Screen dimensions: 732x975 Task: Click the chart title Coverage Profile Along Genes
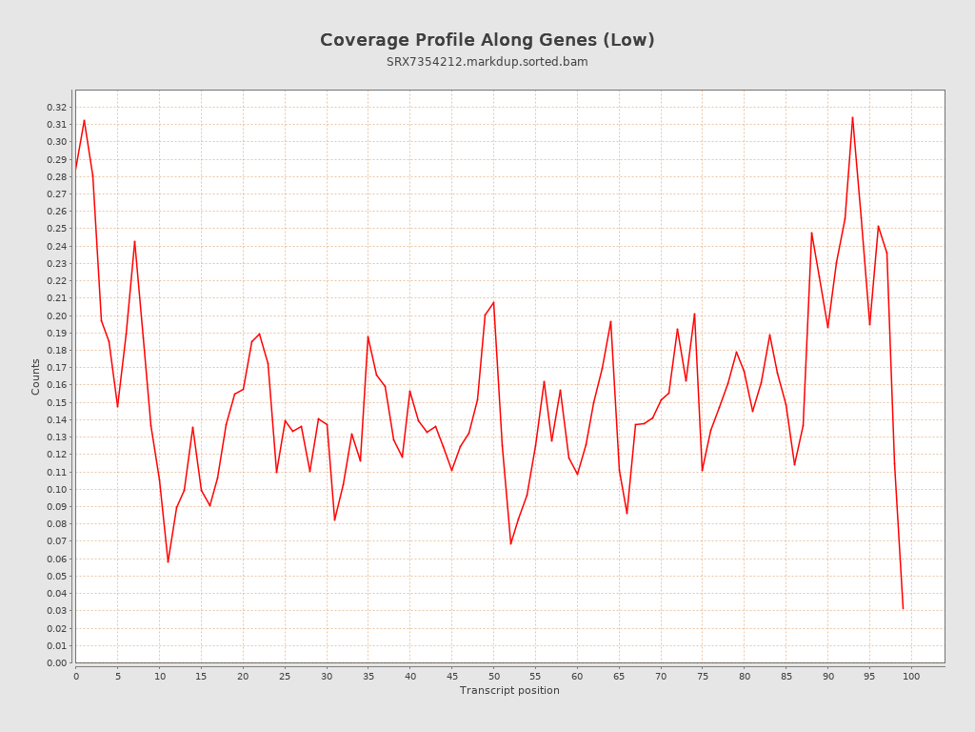coord(487,40)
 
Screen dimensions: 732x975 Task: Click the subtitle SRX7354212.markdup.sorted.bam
coord(487,62)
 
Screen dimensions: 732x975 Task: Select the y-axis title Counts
coord(36,376)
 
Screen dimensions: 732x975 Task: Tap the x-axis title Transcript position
coord(509,690)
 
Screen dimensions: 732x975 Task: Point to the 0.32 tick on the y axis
coord(57,108)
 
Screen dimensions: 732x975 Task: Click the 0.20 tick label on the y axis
coord(57,316)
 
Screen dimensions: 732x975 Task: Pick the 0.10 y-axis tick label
coord(57,490)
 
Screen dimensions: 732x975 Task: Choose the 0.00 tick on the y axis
coord(57,663)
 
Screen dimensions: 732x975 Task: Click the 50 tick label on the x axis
coord(493,676)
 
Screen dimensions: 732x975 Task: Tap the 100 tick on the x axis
coord(911,676)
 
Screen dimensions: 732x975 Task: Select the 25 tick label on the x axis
coord(285,676)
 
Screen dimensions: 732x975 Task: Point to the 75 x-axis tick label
coord(703,676)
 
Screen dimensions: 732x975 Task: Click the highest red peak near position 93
coord(852,117)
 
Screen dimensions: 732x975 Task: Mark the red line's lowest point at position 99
coord(903,608)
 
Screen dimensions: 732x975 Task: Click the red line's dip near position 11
coord(168,562)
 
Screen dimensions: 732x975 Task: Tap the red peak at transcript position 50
coord(493,302)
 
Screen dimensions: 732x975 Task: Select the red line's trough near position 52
coord(510,544)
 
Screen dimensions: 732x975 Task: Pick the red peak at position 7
coord(134,241)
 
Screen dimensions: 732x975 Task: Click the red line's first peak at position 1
coord(84,120)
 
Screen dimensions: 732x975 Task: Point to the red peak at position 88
coord(811,233)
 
